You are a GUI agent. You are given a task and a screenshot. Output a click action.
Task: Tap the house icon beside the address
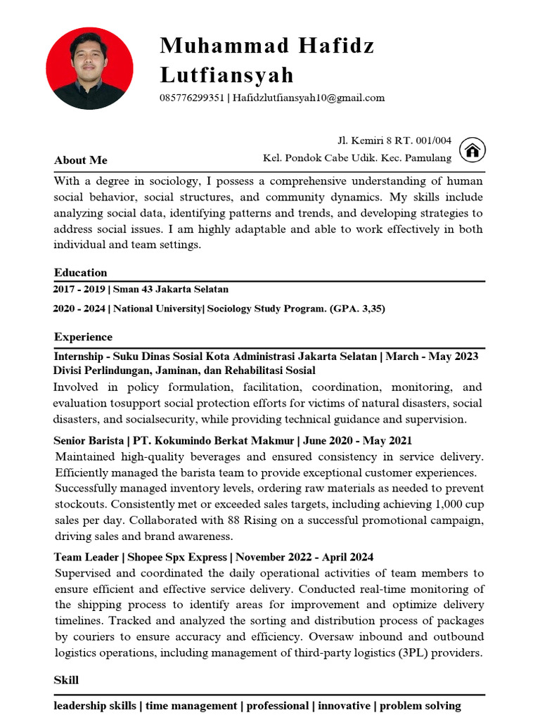(473, 150)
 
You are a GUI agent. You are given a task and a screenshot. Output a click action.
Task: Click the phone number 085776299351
(191, 98)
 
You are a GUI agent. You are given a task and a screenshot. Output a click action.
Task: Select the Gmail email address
(309, 98)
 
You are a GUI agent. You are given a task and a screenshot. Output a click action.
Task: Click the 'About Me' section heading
(80, 160)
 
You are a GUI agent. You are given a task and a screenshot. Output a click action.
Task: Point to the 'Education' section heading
(80, 273)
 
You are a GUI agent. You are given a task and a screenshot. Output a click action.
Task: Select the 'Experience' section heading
(82, 337)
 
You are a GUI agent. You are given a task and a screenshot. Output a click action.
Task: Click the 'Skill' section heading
(66, 680)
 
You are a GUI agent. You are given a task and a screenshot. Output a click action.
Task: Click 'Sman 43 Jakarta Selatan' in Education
(170, 289)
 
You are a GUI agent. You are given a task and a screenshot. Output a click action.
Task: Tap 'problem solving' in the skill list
(420, 705)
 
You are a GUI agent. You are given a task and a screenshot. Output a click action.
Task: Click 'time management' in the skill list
(191, 705)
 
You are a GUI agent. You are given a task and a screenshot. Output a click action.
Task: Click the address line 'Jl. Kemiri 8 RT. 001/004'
(394, 141)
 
